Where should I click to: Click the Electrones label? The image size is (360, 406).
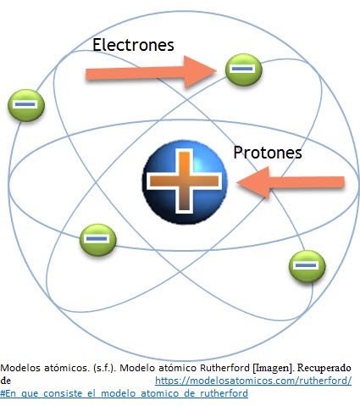pyautogui.click(x=133, y=45)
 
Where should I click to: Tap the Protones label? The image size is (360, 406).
pyautogui.click(x=268, y=153)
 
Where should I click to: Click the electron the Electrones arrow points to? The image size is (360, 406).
pyautogui.click(x=244, y=70)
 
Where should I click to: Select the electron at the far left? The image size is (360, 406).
pyautogui.click(x=26, y=105)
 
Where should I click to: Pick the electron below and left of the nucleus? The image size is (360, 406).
pyautogui.click(x=97, y=240)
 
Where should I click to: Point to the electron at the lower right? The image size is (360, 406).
pyautogui.click(x=307, y=266)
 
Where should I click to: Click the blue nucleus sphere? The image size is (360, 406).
pyautogui.click(x=185, y=181)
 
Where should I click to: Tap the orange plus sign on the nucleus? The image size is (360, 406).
pyautogui.click(x=185, y=181)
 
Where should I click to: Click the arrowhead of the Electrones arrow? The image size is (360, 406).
pyautogui.click(x=200, y=71)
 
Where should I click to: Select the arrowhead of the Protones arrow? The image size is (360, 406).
pyautogui.click(x=252, y=182)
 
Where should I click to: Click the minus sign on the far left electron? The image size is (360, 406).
pyautogui.click(x=25, y=104)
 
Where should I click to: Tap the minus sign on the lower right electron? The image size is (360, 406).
pyautogui.click(x=306, y=265)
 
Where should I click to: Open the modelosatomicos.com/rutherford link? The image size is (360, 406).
pyautogui.click(x=253, y=381)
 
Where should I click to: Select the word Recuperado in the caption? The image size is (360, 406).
pyautogui.click(x=324, y=368)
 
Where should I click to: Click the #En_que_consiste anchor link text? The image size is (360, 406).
pyautogui.click(x=124, y=393)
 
